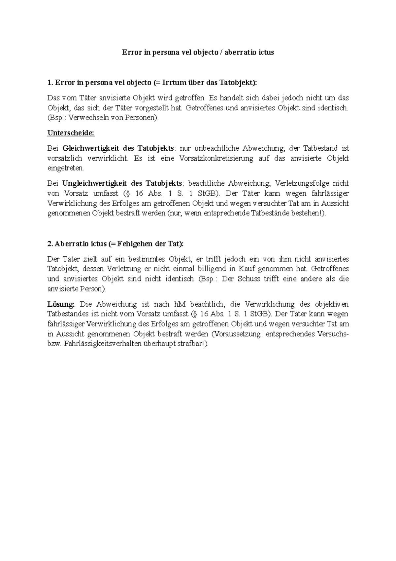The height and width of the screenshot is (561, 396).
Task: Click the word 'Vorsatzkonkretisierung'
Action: pyautogui.click(x=216, y=158)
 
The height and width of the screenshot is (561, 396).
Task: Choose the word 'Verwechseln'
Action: pyautogui.click(x=87, y=118)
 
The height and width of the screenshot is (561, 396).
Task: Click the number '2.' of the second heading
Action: pyautogui.click(x=50, y=244)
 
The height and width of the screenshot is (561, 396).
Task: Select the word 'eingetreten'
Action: pyautogui.click(x=65, y=168)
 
